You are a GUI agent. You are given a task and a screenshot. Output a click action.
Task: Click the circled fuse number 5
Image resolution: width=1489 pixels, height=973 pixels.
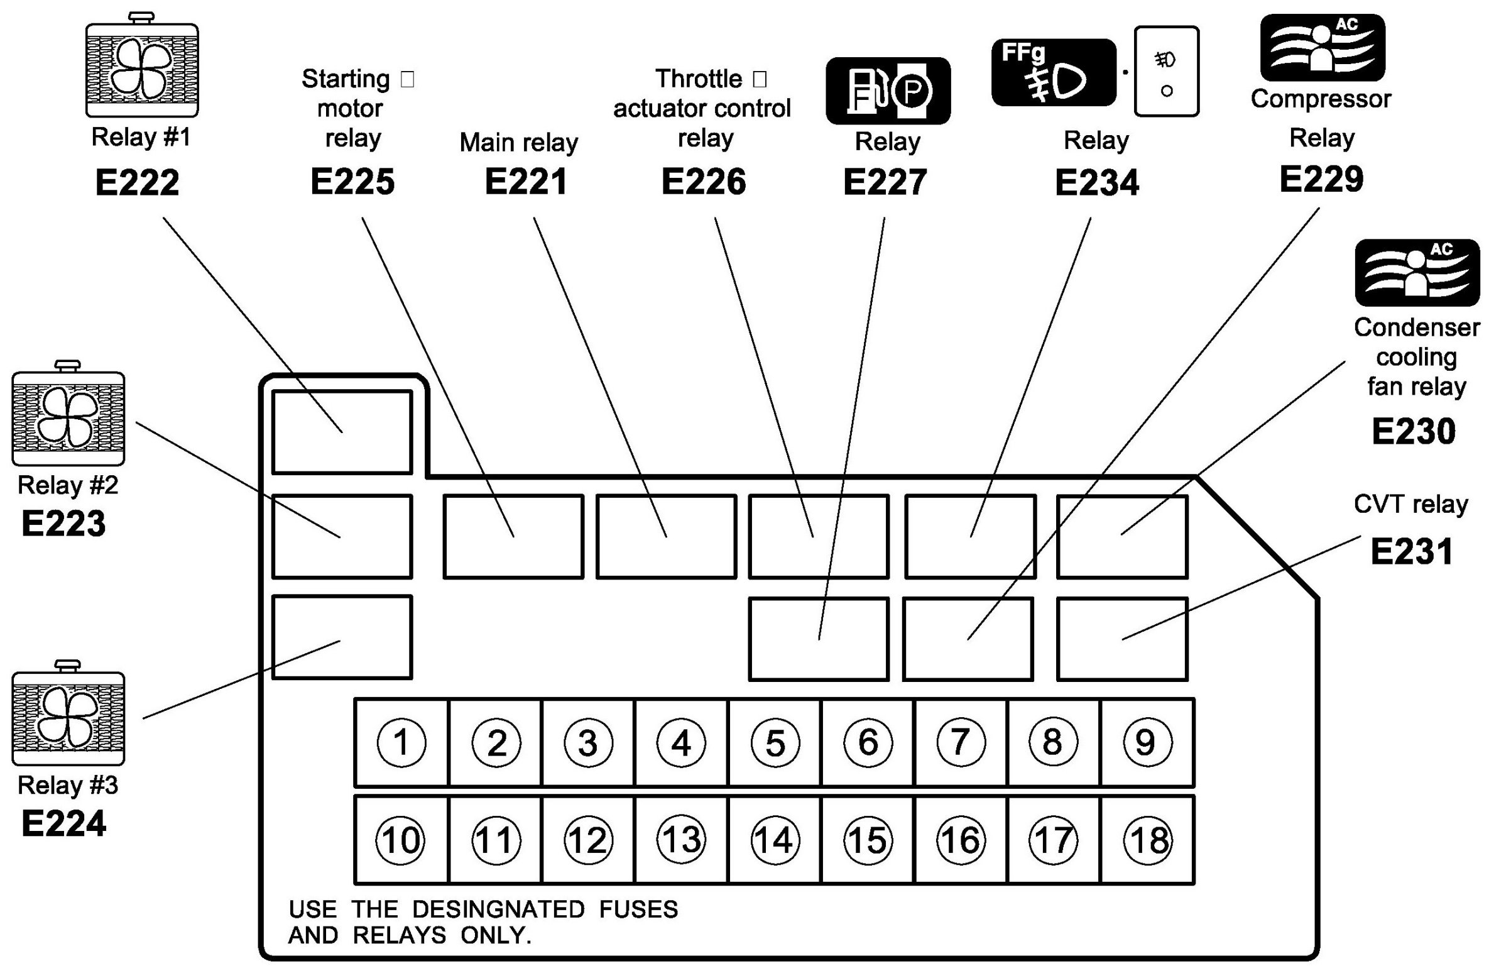[775, 742]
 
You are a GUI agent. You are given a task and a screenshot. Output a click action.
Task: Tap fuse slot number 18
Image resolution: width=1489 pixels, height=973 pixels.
[1148, 840]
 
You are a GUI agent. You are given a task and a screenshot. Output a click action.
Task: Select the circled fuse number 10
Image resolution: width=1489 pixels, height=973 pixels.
[400, 840]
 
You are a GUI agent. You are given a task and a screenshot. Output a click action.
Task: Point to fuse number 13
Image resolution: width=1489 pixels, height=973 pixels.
[681, 840]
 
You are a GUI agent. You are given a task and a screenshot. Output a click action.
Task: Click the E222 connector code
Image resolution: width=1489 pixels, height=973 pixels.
[137, 183]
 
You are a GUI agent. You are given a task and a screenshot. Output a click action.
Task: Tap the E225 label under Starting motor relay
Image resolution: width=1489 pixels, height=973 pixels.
[352, 182]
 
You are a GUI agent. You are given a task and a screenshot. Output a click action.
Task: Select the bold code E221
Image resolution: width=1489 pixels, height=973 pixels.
[526, 182]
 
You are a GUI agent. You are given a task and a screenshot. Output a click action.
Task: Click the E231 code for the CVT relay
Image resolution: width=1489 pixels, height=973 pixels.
[1411, 552]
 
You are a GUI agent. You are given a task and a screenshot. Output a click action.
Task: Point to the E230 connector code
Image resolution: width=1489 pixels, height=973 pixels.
[1414, 431]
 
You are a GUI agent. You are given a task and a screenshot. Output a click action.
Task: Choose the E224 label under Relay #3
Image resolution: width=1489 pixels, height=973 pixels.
[63, 823]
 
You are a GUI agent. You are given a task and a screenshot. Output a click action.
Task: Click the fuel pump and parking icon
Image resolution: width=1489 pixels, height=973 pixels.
[888, 91]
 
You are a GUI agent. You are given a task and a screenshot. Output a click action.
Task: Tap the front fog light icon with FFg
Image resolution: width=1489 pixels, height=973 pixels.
[1054, 72]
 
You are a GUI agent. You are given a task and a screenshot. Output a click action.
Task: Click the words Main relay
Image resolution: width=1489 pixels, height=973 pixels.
[518, 143]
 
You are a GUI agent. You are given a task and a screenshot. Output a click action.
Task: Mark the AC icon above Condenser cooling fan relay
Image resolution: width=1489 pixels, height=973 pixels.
[1417, 272]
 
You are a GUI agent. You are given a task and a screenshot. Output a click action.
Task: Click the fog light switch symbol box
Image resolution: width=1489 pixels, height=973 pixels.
[1167, 72]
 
